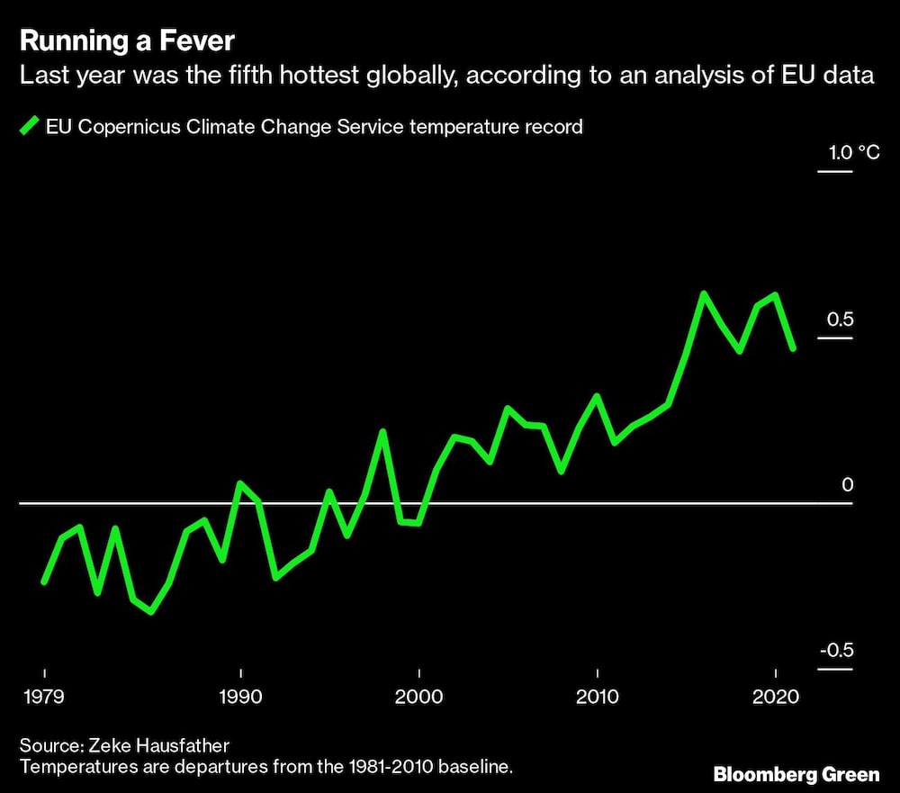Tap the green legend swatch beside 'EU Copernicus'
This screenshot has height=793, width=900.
30,126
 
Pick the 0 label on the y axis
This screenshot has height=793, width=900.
846,486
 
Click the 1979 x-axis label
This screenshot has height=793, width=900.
44,697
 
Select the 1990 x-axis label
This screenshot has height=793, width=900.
240,697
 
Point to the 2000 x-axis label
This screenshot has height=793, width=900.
419,697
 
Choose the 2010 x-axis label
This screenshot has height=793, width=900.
598,697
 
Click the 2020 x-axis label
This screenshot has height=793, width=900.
775,697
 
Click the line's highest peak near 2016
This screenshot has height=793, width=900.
704,293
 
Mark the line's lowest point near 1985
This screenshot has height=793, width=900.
151,612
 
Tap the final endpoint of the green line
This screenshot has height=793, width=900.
793,348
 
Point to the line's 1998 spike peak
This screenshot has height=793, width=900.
383,432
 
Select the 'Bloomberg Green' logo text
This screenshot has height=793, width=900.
796,774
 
